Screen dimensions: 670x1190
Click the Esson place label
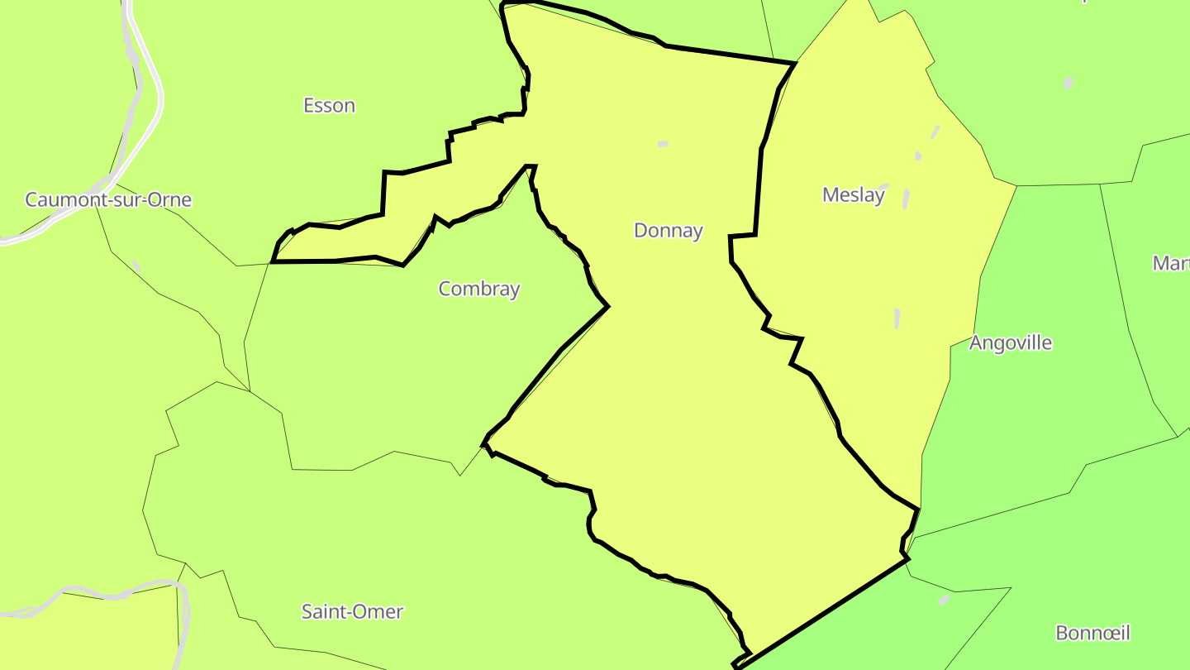(x=329, y=106)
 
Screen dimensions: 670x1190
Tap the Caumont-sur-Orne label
(x=108, y=199)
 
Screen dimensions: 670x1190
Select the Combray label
(x=479, y=289)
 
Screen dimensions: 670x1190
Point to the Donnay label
(x=668, y=231)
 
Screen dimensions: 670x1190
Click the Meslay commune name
(x=854, y=195)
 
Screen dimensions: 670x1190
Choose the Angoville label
(x=1011, y=342)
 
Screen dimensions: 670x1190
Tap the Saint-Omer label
(x=352, y=612)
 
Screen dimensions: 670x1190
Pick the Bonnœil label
(x=1092, y=634)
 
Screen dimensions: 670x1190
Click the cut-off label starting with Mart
(x=1172, y=263)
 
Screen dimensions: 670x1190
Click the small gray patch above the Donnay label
(x=663, y=144)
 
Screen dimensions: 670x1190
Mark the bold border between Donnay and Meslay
(x=758, y=190)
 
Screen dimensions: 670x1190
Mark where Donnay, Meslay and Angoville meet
(x=919, y=509)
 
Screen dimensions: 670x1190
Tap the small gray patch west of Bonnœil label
(x=944, y=600)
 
